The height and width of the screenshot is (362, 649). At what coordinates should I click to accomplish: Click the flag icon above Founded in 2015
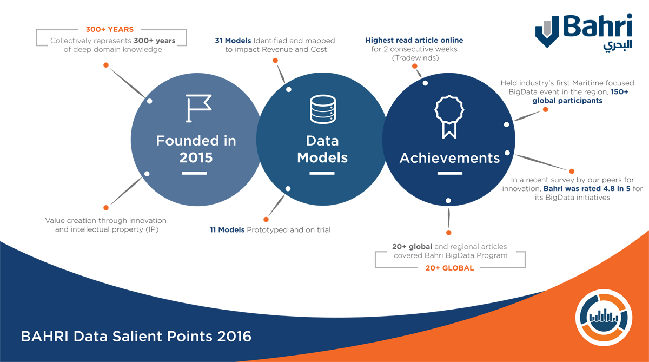pyautogui.click(x=198, y=108)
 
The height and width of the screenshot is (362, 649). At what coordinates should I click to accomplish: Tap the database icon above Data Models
pyautogui.click(x=323, y=109)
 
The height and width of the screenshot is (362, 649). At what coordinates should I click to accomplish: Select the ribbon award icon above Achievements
pyautogui.click(x=449, y=117)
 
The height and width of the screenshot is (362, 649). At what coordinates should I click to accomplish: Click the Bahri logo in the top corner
pyautogui.click(x=584, y=32)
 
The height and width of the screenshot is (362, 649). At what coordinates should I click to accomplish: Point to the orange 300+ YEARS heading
pyautogui.click(x=109, y=29)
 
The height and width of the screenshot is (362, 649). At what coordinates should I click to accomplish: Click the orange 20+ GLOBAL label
pyautogui.click(x=449, y=268)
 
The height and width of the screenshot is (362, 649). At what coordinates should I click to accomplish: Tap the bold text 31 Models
pyautogui.click(x=233, y=41)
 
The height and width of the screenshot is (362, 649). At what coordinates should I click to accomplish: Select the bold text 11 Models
pyautogui.click(x=227, y=230)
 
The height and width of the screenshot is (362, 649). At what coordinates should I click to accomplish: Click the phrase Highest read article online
pyautogui.click(x=414, y=40)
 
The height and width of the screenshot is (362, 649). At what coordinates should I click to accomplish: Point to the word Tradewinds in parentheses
pyautogui.click(x=415, y=58)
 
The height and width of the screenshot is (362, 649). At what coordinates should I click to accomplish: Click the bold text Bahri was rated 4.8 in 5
pyautogui.click(x=587, y=189)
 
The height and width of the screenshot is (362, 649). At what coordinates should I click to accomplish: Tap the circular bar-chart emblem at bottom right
pyautogui.click(x=604, y=318)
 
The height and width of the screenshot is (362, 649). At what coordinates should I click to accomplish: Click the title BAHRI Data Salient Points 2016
pyautogui.click(x=136, y=337)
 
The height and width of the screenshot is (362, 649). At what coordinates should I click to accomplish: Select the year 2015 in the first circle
pyautogui.click(x=196, y=158)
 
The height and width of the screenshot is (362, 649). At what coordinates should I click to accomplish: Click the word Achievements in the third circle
pyautogui.click(x=449, y=158)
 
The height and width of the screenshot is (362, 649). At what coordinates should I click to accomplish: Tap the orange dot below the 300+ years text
pyautogui.click(x=106, y=65)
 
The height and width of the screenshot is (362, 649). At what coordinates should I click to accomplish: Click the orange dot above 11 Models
pyautogui.click(x=266, y=219)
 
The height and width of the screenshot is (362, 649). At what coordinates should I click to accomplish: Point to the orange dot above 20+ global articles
pyautogui.click(x=449, y=233)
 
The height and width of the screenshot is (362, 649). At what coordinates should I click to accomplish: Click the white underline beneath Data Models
pyautogui.click(x=322, y=173)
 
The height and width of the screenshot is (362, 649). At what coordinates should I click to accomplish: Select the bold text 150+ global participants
pyautogui.click(x=580, y=96)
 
